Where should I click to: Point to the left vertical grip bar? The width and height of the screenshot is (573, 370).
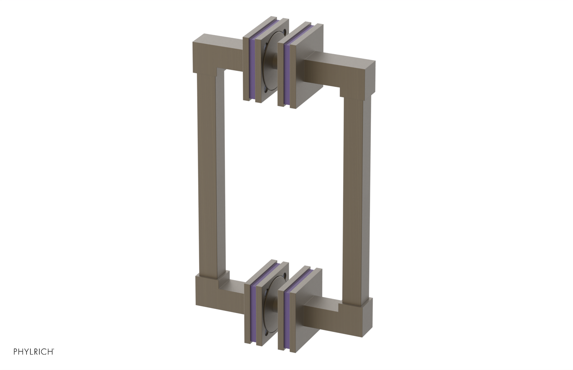[207, 179]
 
